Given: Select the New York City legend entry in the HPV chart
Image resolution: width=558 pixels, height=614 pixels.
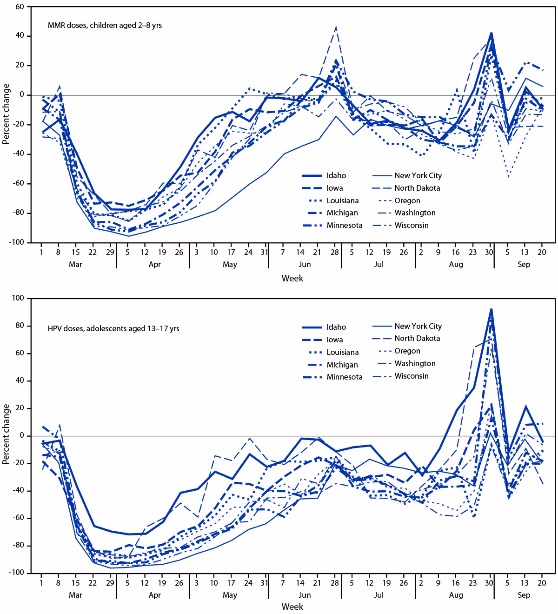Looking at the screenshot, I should tap(418, 326).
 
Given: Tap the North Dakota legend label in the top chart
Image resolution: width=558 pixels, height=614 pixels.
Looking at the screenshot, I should tap(417, 188).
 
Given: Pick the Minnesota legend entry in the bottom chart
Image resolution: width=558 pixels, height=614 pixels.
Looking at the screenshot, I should tap(344, 377).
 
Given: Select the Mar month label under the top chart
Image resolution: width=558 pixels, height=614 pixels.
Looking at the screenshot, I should tap(75, 264).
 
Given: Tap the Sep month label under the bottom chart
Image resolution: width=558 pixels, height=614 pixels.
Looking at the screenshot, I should tap(524, 595).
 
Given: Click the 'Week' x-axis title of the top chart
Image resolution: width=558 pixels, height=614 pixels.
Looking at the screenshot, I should tap(292, 278).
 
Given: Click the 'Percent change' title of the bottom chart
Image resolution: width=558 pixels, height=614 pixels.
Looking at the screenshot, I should tap(6, 434).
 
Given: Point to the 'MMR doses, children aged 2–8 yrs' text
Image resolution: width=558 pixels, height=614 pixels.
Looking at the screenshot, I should tap(105, 26).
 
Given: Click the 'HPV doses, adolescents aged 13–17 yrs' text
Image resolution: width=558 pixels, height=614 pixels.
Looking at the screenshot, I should tap(113, 328).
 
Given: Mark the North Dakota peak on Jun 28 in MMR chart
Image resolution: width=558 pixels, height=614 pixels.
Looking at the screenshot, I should tap(336, 27).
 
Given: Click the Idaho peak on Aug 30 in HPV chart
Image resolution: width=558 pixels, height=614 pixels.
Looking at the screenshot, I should tap(491, 309).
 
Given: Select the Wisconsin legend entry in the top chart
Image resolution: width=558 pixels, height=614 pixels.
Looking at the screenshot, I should tap(412, 225).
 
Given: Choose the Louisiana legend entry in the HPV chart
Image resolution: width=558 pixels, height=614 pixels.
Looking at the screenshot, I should tap(342, 352).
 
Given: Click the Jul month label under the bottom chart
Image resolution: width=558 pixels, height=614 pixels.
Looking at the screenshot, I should tap(378, 595).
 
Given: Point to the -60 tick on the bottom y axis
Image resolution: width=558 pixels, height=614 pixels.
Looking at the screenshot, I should tap(19, 518).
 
